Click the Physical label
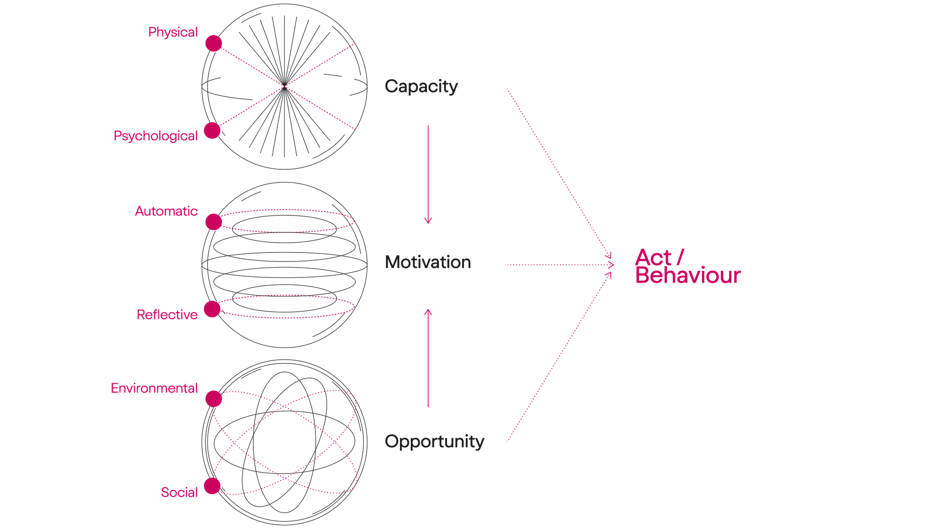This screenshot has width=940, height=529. [173, 32]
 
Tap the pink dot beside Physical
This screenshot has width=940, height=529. [214, 43]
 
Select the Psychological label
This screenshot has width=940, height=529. [156, 136]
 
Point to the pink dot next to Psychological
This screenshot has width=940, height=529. [212, 131]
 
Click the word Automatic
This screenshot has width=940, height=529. [166, 211]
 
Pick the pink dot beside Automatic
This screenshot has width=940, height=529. [214, 221]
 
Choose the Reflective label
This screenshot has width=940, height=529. [167, 315]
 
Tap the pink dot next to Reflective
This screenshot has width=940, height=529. [212, 309]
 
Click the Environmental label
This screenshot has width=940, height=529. [155, 388]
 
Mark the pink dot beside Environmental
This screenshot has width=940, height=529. [214, 398]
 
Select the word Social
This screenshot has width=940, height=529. [180, 492]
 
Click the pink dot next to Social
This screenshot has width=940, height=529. [212, 486]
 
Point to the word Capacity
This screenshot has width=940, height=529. [421, 87]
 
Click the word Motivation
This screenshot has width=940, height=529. [428, 262]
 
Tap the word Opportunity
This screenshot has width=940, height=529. [434, 442]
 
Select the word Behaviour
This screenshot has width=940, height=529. [689, 276]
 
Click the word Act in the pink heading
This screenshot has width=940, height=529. [653, 258]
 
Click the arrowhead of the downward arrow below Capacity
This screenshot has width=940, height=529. [428, 221]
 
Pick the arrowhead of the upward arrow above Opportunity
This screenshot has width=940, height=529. [428, 311]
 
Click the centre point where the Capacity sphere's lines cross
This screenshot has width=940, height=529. [285, 87]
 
